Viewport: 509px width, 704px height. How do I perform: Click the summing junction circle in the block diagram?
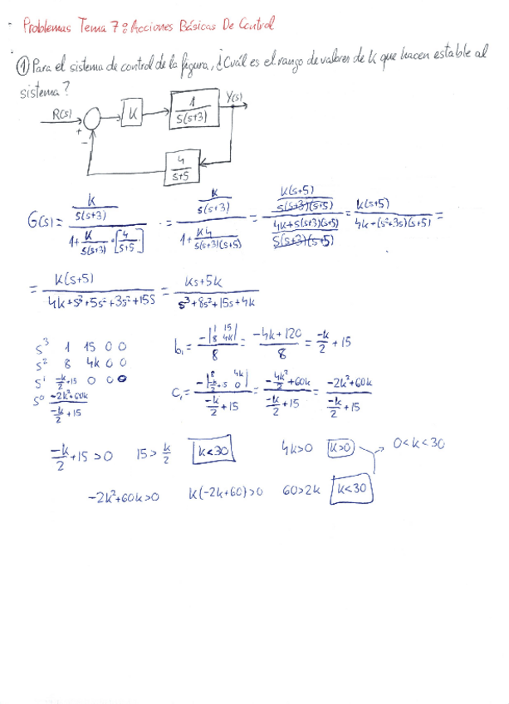point(93,118)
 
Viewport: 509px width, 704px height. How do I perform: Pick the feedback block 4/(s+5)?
point(180,168)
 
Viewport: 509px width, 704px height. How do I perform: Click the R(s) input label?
point(61,115)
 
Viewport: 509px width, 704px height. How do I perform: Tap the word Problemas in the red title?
point(48,27)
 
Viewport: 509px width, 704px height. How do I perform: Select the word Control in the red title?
point(257,26)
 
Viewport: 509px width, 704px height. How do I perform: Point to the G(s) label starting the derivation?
point(41,221)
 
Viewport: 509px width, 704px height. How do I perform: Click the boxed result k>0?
point(340,447)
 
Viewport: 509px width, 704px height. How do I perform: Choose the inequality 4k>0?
point(296,448)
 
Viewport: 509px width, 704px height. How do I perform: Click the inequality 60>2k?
point(301,492)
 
